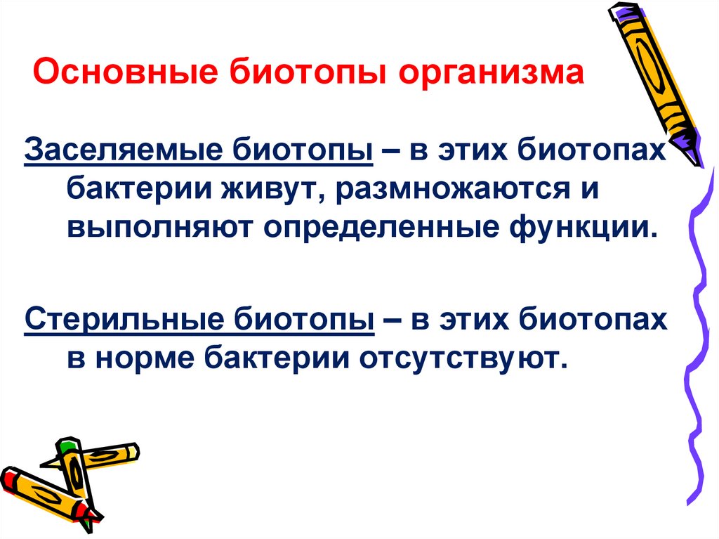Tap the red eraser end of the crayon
(8, 477)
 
